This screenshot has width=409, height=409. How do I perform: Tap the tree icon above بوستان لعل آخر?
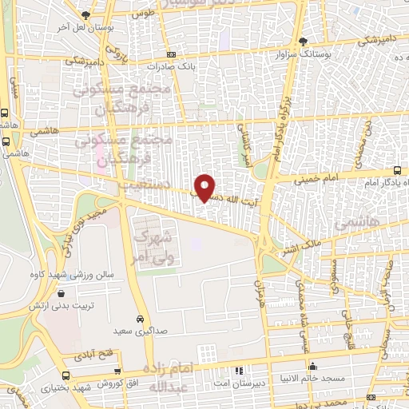point(86,15)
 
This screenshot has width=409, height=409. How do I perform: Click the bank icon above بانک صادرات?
point(171,54)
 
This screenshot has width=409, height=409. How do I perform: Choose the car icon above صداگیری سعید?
point(141,317)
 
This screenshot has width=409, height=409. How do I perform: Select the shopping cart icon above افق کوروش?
point(119,371)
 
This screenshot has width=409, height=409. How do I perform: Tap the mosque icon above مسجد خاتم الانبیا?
point(312,367)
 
